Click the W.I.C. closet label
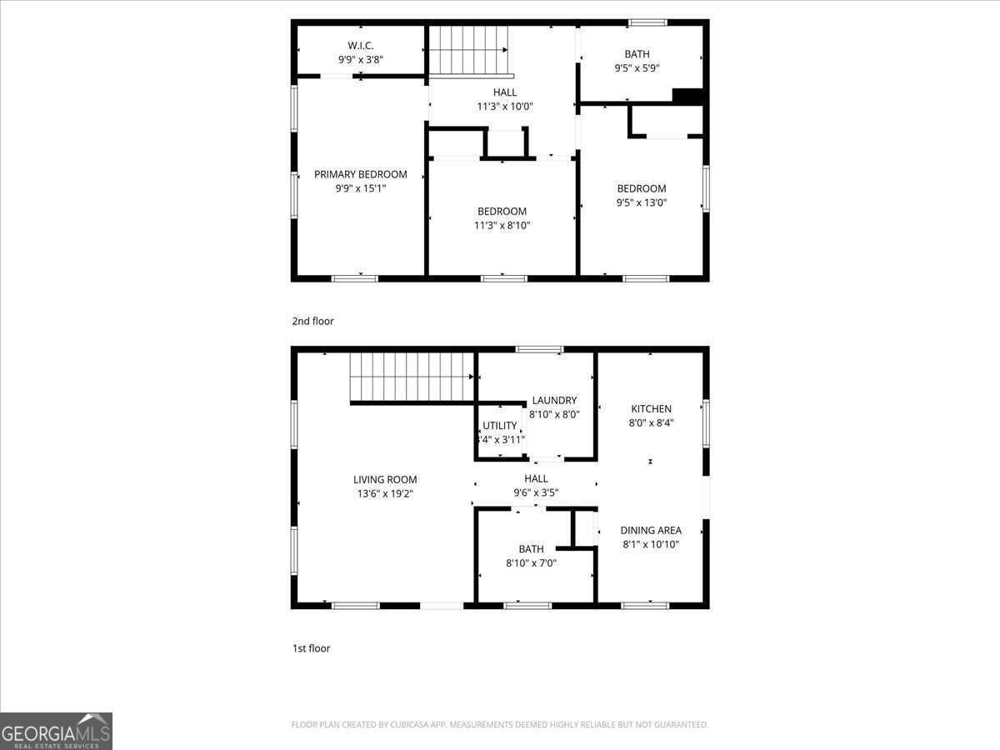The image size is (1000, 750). (x=360, y=45)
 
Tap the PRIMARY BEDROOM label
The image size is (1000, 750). (x=360, y=174)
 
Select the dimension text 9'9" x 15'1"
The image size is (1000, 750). (x=360, y=188)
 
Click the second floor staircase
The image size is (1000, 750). (x=467, y=50)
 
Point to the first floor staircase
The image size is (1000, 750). (x=411, y=377)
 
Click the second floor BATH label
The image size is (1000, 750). (x=637, y=54)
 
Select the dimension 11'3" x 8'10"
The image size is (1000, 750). (x=502, y=225)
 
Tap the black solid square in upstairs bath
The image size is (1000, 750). (x=687, y=96)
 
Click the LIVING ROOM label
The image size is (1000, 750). (x=385, y=479)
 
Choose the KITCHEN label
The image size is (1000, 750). (x=651, y=408)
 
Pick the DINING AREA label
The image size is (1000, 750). (x=651, y=530)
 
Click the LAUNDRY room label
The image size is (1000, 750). (x=554, y=400)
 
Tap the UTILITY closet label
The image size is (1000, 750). (x=500, y=425)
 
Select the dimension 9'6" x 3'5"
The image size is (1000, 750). (x=536, y=492)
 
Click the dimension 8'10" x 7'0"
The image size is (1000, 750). (x=531, y=562)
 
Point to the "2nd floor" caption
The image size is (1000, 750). (x=312, y=321)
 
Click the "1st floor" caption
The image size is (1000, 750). (x=311, y=647)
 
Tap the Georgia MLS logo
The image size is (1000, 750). (x=56, y=731)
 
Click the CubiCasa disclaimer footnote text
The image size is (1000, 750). (x=499, y=724)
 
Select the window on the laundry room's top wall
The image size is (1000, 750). (x=539, y=349)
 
